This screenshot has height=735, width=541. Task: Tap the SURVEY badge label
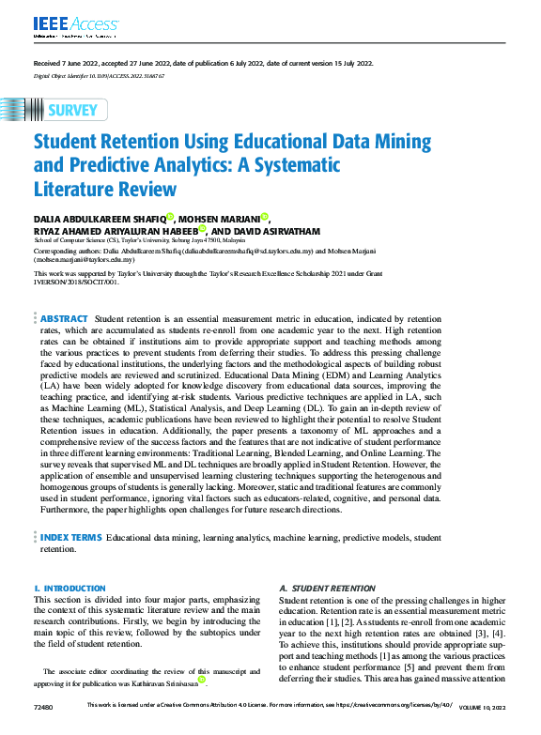pyautogui.click(x=71, y=110)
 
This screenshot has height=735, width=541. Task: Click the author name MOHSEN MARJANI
pyautogui.click(x=220, y=219)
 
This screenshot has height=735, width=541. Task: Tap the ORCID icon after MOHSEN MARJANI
pyautogui.click(x=265, y=217)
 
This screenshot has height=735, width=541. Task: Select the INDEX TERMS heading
pyautogui.click(x=70, y=538)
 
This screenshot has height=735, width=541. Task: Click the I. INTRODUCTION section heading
pyautogui.click(x=70, y=589)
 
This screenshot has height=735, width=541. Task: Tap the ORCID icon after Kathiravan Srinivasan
pyautogui.click(x=201, y=680)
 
